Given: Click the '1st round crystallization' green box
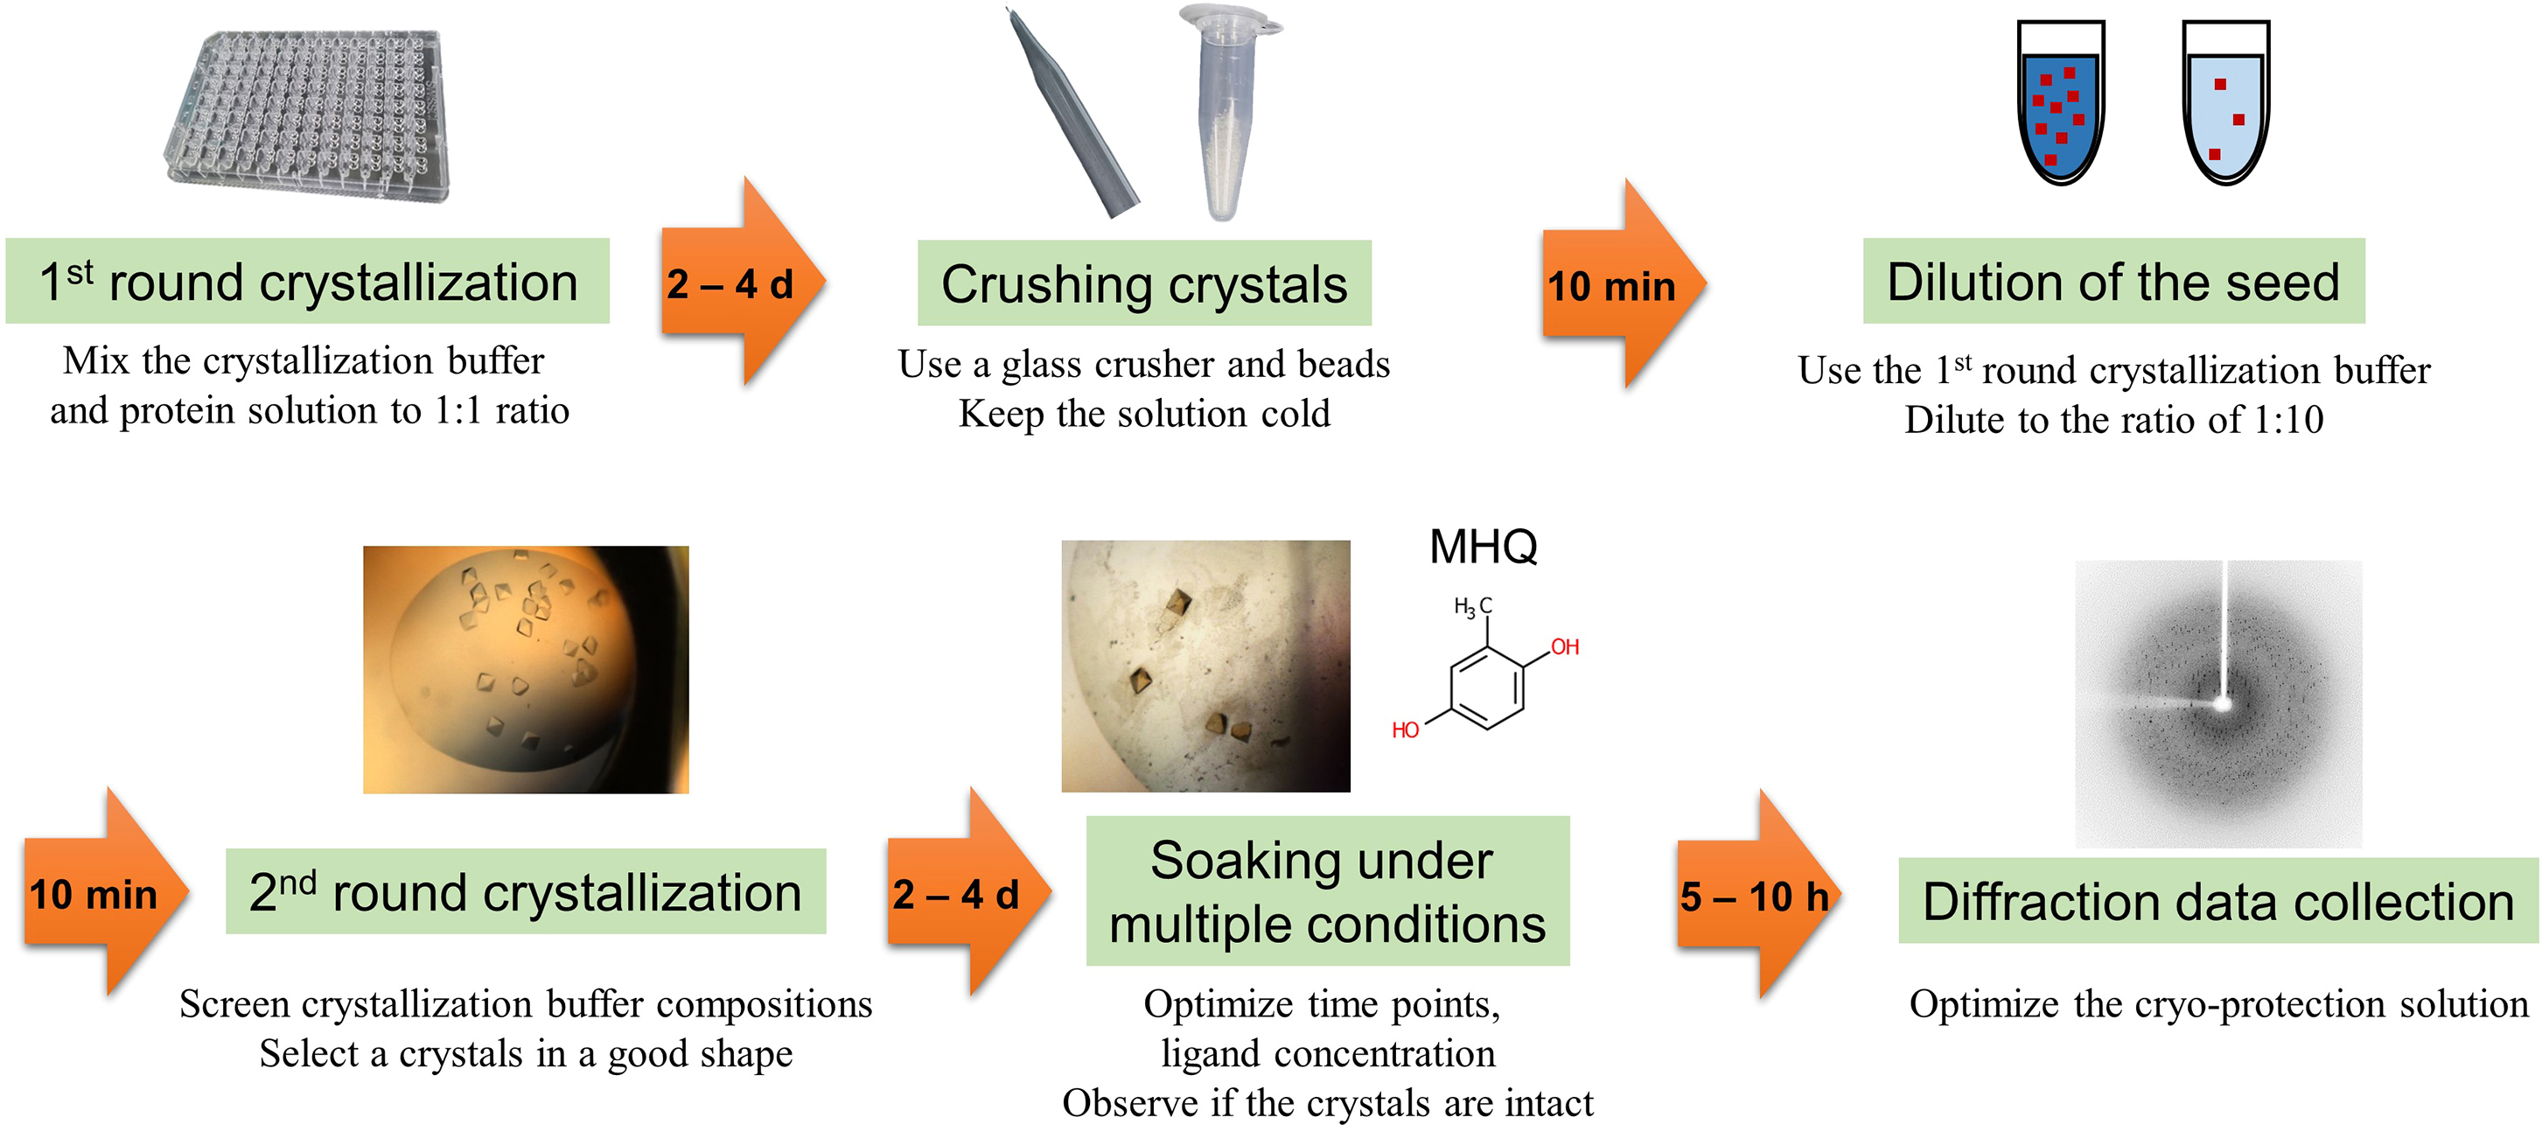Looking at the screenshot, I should tap(307, 282).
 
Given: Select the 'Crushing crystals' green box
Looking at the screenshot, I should tap(1143, 283).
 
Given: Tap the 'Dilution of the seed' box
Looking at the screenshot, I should tap(2113, 282).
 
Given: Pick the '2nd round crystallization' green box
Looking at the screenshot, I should tap(525, 891).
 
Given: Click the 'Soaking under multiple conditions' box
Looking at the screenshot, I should tap(1326, 890).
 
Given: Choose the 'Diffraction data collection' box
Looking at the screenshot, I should tap(2217, 900).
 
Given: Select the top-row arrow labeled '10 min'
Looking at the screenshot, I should tap(1618, 285).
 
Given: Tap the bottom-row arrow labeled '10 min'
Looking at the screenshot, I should tap(99, 893).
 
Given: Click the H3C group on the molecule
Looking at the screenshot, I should tap(1471, 606).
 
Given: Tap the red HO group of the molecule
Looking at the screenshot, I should tap(1404, 730).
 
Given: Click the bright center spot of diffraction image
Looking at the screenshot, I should tap(2222, 703).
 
